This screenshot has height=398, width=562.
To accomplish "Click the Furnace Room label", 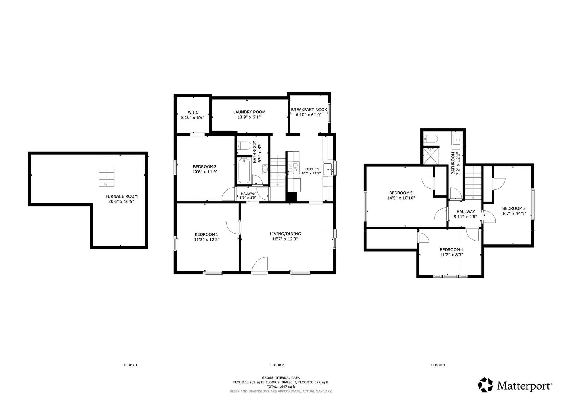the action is point(121,196).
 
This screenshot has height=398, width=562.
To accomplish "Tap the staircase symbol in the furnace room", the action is point(106,177).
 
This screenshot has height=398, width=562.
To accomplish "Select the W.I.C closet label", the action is point(193,112).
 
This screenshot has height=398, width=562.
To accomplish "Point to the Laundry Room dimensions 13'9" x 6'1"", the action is point(249,117).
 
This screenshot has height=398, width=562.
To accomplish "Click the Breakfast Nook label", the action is point(309,110).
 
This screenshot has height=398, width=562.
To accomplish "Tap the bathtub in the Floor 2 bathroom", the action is point(244,171).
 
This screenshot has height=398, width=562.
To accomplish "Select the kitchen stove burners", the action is point(293,168).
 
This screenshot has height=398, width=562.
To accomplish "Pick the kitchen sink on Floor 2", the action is point(328,169).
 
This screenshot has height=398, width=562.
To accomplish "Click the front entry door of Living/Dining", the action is point(260,265).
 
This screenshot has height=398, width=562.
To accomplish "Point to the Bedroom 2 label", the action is point(205,167).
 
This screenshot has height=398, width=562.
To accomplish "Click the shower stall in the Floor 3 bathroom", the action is point(431,156).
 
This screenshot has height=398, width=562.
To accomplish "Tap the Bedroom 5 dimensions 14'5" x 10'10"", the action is point(401,198).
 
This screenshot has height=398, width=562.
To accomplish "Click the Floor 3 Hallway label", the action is point(466,212).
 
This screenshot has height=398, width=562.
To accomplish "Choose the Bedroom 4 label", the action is point(451,250).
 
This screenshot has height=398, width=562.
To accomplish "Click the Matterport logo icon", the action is point(485,385).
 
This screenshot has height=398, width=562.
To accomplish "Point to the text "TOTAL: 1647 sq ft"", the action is point(281,387).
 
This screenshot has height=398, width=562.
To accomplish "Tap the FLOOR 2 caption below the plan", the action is point(277,365).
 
